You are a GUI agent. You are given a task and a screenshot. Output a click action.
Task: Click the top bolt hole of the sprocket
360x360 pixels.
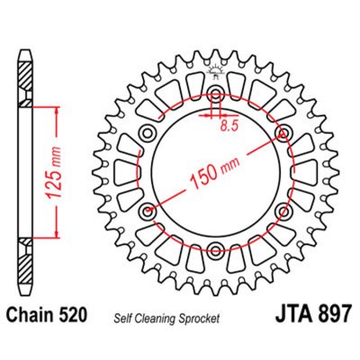(x=216, y=94)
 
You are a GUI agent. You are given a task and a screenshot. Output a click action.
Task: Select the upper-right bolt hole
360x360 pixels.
(x=285, y=134)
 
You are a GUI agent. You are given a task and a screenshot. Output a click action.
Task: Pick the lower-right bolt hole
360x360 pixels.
(x=285, y=213)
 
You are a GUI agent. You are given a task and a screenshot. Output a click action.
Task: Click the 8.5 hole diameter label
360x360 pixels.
(x=230, y=128)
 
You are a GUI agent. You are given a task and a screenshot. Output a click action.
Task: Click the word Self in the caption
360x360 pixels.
(x=121, y=318)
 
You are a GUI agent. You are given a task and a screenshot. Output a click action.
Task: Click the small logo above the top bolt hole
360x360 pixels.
(x=216, y=73)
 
